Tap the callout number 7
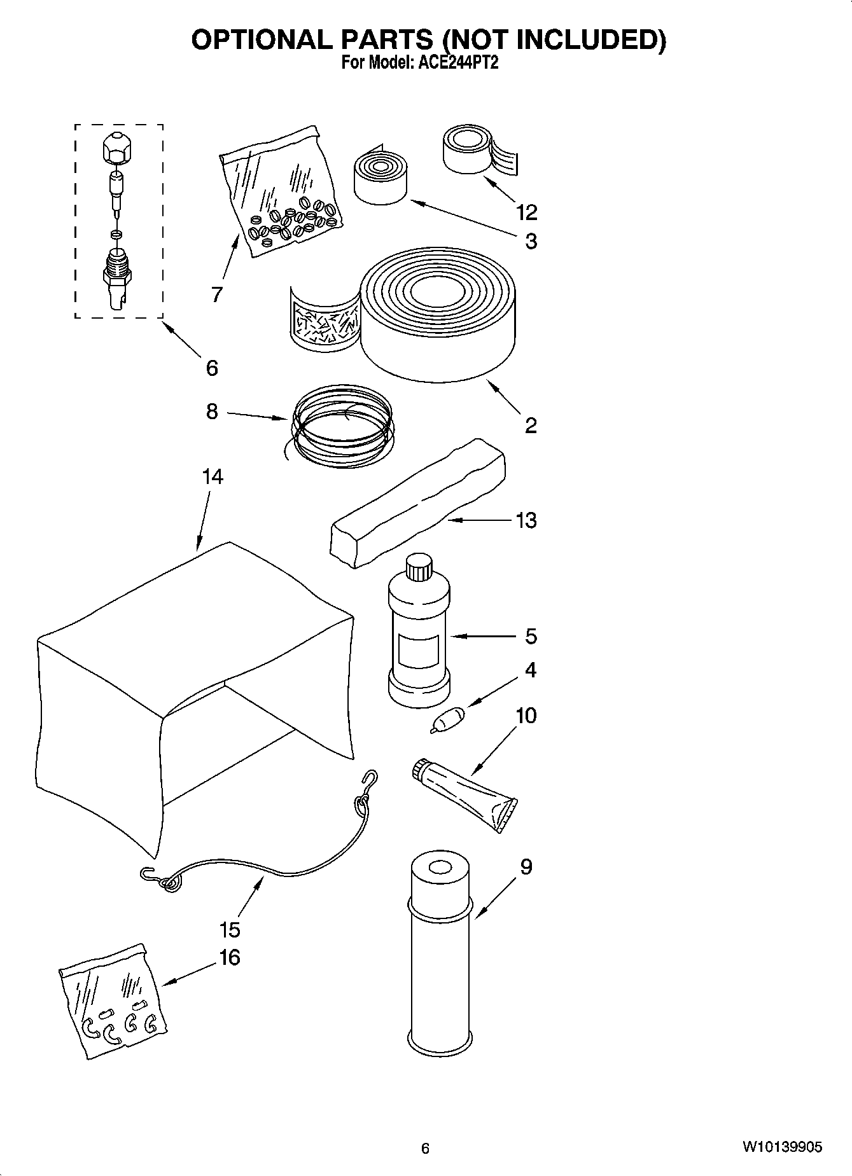pos(217,294)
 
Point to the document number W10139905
pos(781,1147)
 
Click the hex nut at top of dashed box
pos(118,149)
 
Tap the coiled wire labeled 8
pos(342,425)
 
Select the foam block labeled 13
pos(417,502)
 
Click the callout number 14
pos(213,476)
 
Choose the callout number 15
pos(230,929)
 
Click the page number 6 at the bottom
pos(426,1148)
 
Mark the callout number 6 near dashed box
pos(212,368)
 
